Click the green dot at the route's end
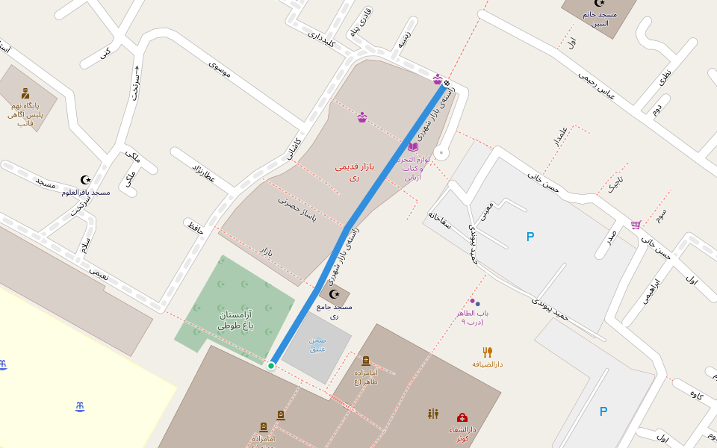(x=271, y=365)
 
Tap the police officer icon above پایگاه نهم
(x=25, y=93)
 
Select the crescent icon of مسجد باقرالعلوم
(x=86, y=180)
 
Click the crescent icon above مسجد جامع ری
(x=334, y=294)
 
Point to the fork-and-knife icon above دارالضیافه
(x=487, y=352)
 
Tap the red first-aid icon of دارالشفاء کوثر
(x=462, y=417)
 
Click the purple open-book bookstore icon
(x=412, y=147)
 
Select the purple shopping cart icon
(x=636, y=224)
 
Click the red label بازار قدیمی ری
(x=355, y=171)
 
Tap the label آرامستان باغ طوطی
(x=236, y=320)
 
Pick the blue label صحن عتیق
(x=317, y=344)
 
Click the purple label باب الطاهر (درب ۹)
(x=473, y=317)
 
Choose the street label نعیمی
(x=99, y=273)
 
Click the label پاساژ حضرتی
(x=297, y=208)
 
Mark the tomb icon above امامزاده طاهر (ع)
(x=366, y=361)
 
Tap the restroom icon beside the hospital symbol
(x=433, y=414)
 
